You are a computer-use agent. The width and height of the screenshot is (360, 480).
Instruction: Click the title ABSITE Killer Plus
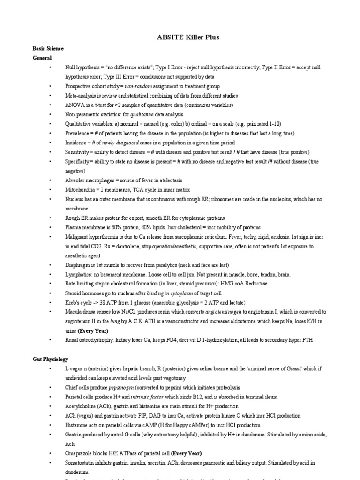coord(180,37)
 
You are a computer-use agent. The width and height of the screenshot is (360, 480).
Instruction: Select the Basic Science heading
coord(48,48)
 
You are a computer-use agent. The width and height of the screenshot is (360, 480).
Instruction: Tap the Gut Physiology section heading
coord(50,359)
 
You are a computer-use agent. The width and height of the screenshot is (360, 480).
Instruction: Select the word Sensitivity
coord(76,152)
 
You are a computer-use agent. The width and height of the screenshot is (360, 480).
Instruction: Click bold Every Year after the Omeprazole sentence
coord(186,453)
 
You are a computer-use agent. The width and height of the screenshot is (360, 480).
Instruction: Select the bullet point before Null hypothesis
coord(50,67)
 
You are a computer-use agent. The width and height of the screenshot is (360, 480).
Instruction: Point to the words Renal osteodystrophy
coord(90,340)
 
